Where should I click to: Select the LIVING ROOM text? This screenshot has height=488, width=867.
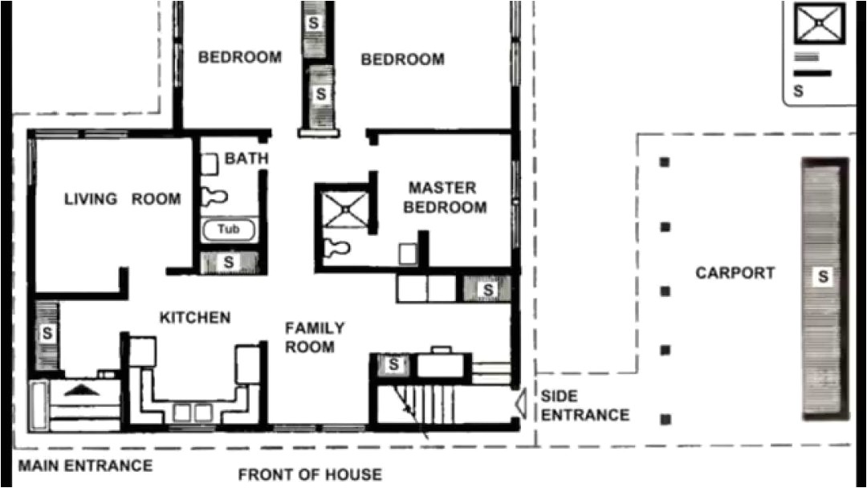122,199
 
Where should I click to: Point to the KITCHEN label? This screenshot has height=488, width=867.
195,318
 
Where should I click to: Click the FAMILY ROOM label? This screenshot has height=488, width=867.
315,337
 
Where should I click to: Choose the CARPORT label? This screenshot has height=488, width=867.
735,273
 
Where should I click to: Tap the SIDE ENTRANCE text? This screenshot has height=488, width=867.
584,405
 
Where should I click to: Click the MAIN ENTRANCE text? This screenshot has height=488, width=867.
85,466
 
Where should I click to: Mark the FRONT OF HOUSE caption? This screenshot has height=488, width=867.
309,474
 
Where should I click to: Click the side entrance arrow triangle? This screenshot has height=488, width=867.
519,400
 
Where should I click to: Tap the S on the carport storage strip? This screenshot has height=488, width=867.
822,278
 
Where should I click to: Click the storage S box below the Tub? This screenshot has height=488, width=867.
229,262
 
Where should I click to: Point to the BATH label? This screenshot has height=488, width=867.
246,159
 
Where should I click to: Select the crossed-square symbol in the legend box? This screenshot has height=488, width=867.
818,23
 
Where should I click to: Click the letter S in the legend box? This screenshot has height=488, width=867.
798,91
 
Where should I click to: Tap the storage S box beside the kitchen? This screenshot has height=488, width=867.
48,331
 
